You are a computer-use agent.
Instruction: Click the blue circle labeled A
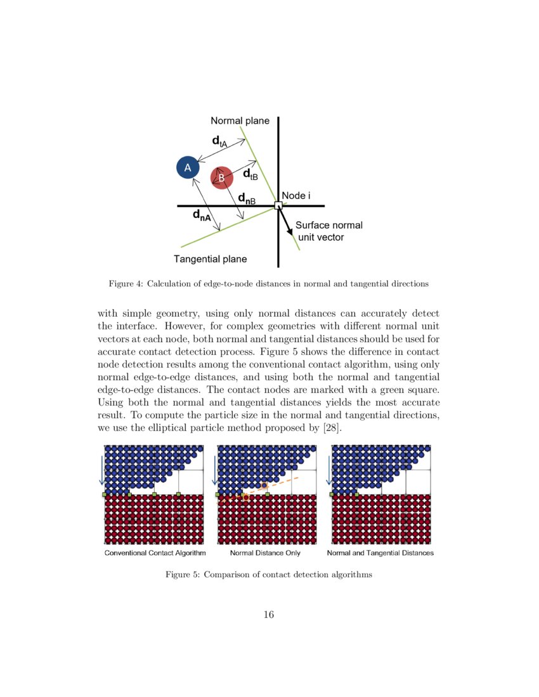tap(187, 167)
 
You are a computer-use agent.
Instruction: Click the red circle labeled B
tap(221, 178)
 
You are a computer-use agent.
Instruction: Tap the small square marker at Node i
tap(278, 205)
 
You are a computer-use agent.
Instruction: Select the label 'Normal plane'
tap(240, 120)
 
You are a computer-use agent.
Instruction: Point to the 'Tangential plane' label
tap(210, 259)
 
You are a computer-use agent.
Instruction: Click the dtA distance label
tap(219, 141)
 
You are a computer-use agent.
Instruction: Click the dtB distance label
tap(250, 175)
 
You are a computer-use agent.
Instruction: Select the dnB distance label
tap(247, 199)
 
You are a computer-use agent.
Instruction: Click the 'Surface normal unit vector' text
tap(328, 231)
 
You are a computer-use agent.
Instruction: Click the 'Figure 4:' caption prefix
tap(126, 284)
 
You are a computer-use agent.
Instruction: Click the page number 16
tap(269, 615)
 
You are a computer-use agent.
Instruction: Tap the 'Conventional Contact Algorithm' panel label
tap(155, 553)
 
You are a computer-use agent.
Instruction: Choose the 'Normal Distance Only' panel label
tap(265, 553)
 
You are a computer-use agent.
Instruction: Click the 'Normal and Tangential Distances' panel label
tap(380, 553)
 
